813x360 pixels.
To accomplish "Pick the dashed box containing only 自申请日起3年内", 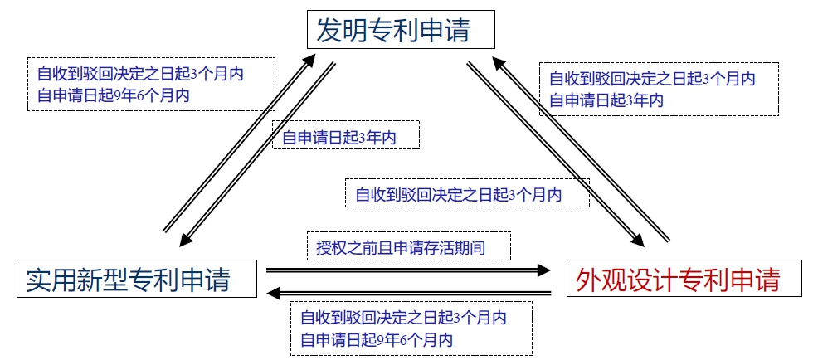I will point(346,135).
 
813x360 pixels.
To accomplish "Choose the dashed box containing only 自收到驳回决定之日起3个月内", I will point(466,194).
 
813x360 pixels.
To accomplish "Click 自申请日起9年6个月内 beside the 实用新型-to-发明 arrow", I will point(113,95).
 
